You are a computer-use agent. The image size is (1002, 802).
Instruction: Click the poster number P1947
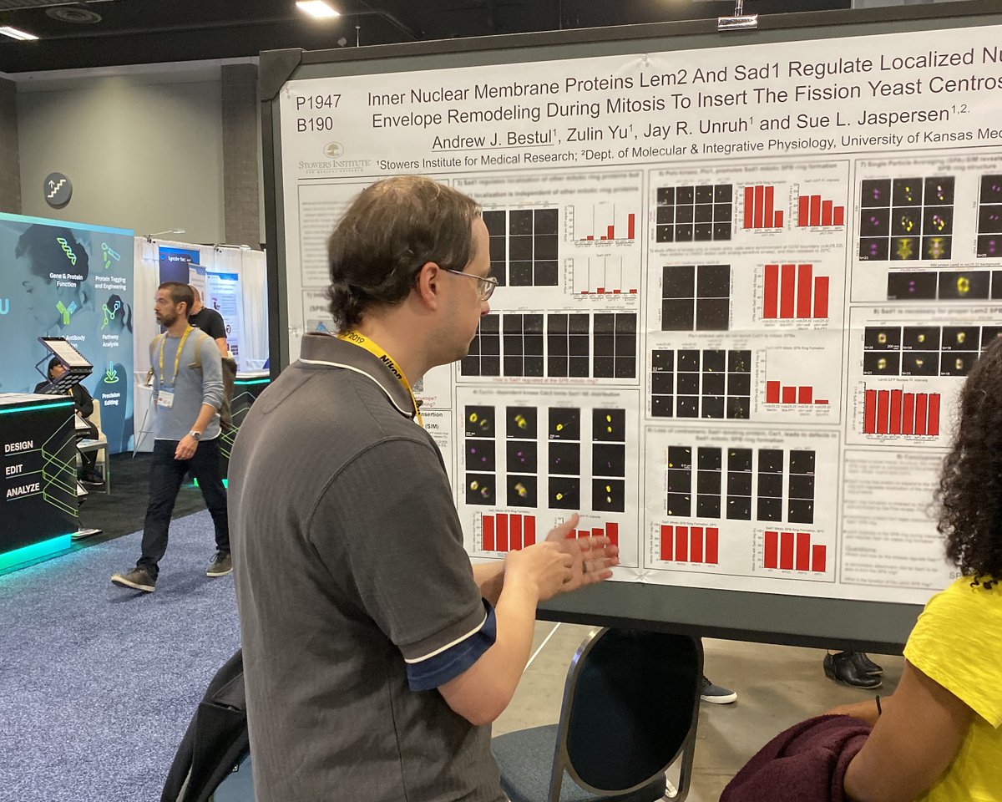pos(318,102)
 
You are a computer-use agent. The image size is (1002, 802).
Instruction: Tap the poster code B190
pos(314,124)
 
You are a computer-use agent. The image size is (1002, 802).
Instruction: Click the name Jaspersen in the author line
pos(904,116)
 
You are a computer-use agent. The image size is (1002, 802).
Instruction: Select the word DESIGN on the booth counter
pos(18,447)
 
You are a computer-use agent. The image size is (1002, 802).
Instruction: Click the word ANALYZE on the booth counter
pos(23,490)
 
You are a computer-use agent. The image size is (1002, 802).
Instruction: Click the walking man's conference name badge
pos(165,398)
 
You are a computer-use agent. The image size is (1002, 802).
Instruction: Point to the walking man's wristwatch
pos(194,435)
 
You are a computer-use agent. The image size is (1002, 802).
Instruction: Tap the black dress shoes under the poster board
pos(852,669)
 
